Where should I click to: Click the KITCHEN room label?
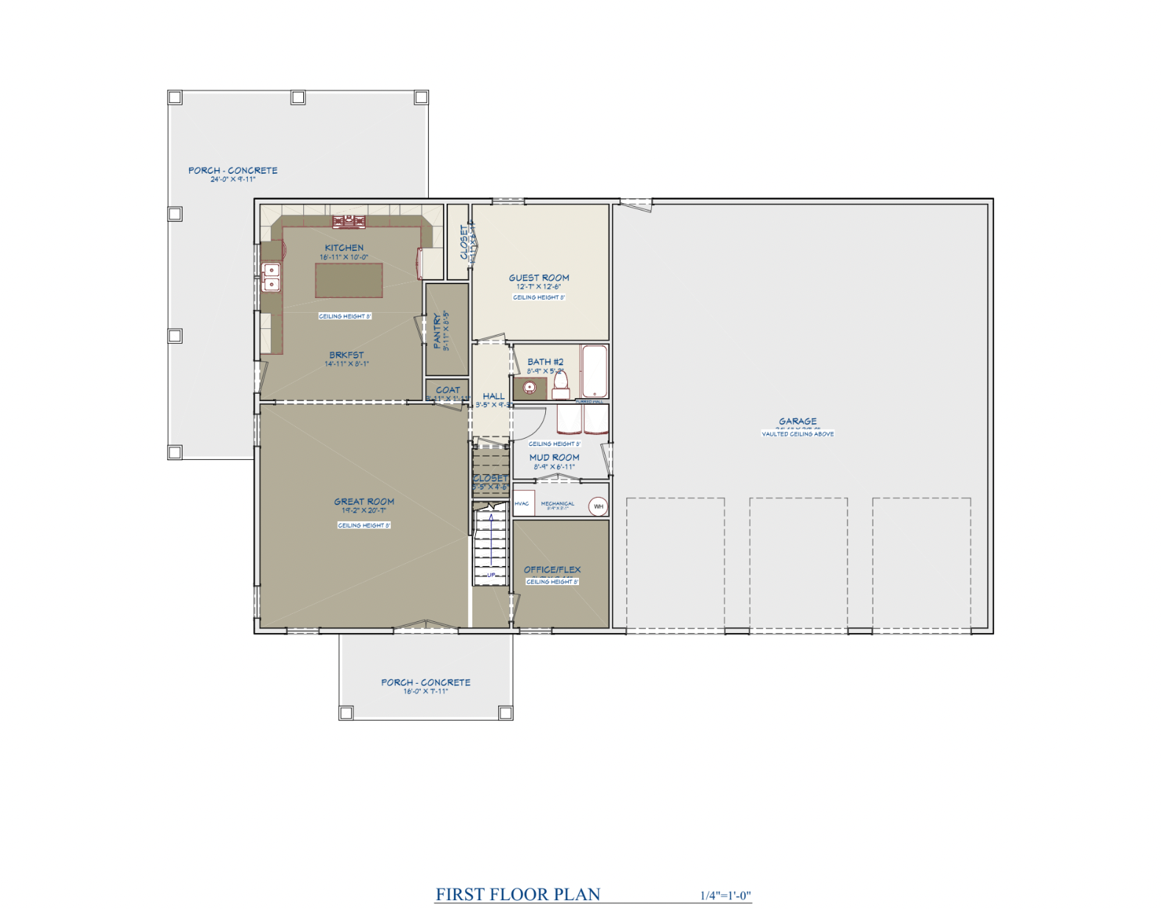(344, 248)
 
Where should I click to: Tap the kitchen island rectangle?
(349, 280)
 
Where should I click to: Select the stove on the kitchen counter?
(348, 221)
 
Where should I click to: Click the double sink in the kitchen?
(271, 277)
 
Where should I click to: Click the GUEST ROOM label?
(539, 277)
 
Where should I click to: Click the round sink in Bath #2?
(530, 387)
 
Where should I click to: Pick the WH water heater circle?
(598, 506)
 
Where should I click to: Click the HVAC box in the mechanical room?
(522, 503)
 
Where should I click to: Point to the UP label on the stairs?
(491, 575)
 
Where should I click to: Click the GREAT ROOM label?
(364, 501)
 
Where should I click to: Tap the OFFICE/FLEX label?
(552, 569)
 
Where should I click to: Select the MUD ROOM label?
(554, 457)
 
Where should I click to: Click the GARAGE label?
(798, 421)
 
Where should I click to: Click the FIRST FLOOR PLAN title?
(518, 894)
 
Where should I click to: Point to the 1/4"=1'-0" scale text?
(725, 896)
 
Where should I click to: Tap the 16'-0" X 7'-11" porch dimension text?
(425, 691)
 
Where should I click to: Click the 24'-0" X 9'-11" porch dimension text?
(232, 179)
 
